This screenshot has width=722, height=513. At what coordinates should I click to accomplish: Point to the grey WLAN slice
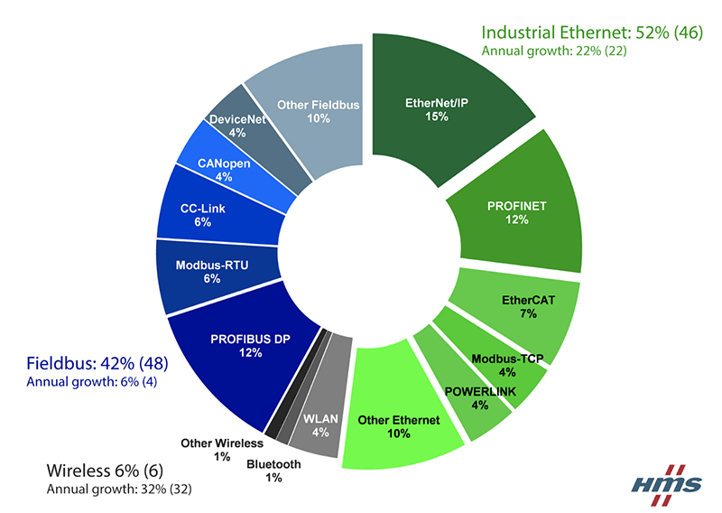(320, 420)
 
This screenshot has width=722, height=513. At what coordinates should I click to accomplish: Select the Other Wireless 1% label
(221, 449)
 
